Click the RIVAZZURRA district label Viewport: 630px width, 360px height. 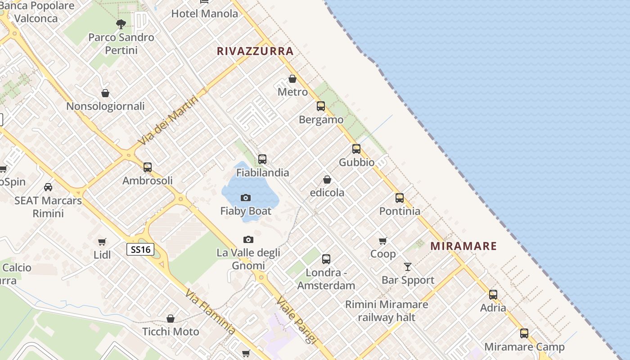pos(255,51)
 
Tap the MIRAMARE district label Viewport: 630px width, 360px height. pos(463,246)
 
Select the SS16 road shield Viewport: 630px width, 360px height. pos(140,249)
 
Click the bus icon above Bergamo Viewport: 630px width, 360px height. pos(321,106)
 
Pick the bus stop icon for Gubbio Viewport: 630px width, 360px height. pos(356,148)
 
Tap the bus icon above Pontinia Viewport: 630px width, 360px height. pos(400,198)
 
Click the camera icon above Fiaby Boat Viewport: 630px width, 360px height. pos(246,198)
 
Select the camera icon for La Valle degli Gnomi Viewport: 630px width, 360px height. pos(248,239)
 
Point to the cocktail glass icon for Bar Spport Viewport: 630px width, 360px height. pos(408,267)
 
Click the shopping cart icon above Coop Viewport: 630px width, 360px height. pos(383,241)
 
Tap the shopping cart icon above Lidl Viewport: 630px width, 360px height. pos(102,242)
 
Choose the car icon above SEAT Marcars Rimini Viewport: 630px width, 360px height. pos(48,187)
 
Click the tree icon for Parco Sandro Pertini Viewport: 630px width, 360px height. pos(121,24)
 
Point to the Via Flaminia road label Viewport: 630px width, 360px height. pos(210,312)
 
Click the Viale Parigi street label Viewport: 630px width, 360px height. pos(297,320)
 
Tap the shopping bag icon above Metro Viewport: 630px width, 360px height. pos(292,79)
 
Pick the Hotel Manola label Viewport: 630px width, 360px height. pos(205,13)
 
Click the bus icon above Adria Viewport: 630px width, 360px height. pos(493,295)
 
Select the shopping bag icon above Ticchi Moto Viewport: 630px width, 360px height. pos(171,319)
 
